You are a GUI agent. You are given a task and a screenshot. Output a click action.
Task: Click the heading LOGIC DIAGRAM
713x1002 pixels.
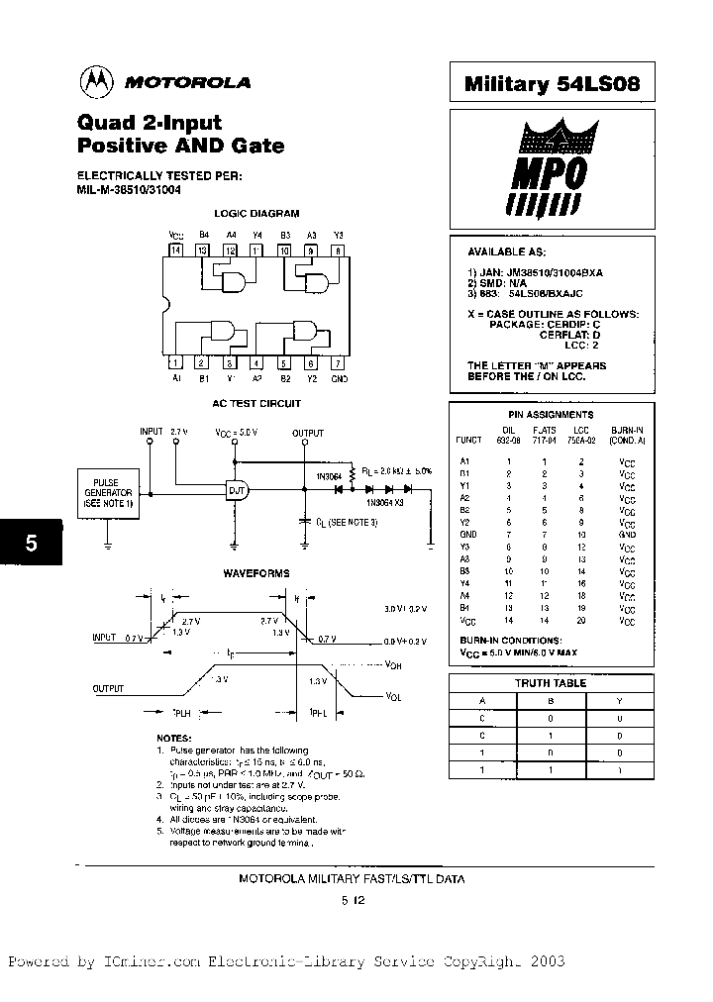click(256, 214)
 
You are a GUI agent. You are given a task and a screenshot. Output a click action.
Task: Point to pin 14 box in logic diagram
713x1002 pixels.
click(176, 251)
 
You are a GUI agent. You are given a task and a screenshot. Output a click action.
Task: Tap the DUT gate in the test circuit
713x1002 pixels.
click(238, 490)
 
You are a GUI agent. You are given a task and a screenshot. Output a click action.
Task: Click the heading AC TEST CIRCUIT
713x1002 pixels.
click(256, 404)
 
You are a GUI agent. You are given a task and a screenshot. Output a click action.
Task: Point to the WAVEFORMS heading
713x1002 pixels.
click(256, 573)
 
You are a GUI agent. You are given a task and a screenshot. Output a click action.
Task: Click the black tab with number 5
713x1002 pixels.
click(31, 543)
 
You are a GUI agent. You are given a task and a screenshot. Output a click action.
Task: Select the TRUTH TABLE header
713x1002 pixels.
click(551, 683)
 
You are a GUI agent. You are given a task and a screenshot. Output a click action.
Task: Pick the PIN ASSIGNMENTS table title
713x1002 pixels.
click(551, 415)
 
